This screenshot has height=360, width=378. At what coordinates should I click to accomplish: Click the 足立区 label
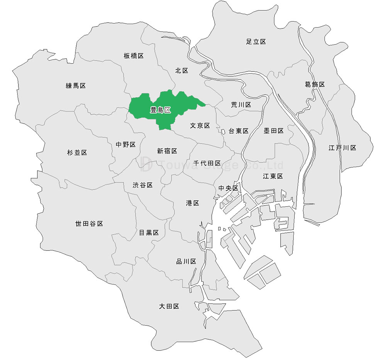pyautogui.click(x=256, y=42)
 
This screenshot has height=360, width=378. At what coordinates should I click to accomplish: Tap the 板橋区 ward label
pyautogui.click(x=134, y=56)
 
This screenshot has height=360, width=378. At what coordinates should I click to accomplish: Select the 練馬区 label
pyautogui.click(x=76, y=86)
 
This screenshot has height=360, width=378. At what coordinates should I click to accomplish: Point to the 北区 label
pyautogui.click(x=181, y=71)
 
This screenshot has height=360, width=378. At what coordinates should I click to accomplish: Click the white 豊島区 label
pyautogui.click(x=160, y=110)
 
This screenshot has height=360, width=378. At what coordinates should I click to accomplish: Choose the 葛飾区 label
pyautogui.click(x=315, y=85)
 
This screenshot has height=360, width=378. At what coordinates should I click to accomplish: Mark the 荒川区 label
pyautogui.click(x=241, y=105)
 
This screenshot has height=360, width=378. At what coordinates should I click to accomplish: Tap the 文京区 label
pyautogui.click(x=200, y=126)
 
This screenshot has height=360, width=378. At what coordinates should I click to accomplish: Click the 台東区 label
pyautogui.click(x=239, y=131)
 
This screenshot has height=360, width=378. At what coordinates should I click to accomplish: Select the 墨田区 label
pyautogui.click(x=274, y=131)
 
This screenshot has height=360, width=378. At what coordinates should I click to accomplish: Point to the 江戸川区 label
pyautogui.click(x=342, y=148)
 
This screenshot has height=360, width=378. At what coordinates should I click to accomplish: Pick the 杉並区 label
pyautogui.click(x=77, y=153)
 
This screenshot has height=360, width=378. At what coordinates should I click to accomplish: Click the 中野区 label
pyautogui.click(x=126, y=145)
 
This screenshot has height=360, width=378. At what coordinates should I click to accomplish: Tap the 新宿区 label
pyautogui.click(x=167, y=151)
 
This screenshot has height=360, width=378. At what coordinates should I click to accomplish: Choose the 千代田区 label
pyautogui.click(x=207, y=163)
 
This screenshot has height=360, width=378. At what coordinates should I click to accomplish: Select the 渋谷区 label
pyautogui.click(x=143, y=185)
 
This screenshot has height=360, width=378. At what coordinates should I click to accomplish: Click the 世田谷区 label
pyautogui.click(x=89, y=224)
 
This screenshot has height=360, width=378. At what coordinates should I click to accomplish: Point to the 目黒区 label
pyautogui.click(x=149, y=233)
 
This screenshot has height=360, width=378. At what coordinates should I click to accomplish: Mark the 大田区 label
pyautogui.click(x=169, y=306)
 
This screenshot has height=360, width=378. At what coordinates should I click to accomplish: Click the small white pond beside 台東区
pyautogui.click(x=223, y=132)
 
